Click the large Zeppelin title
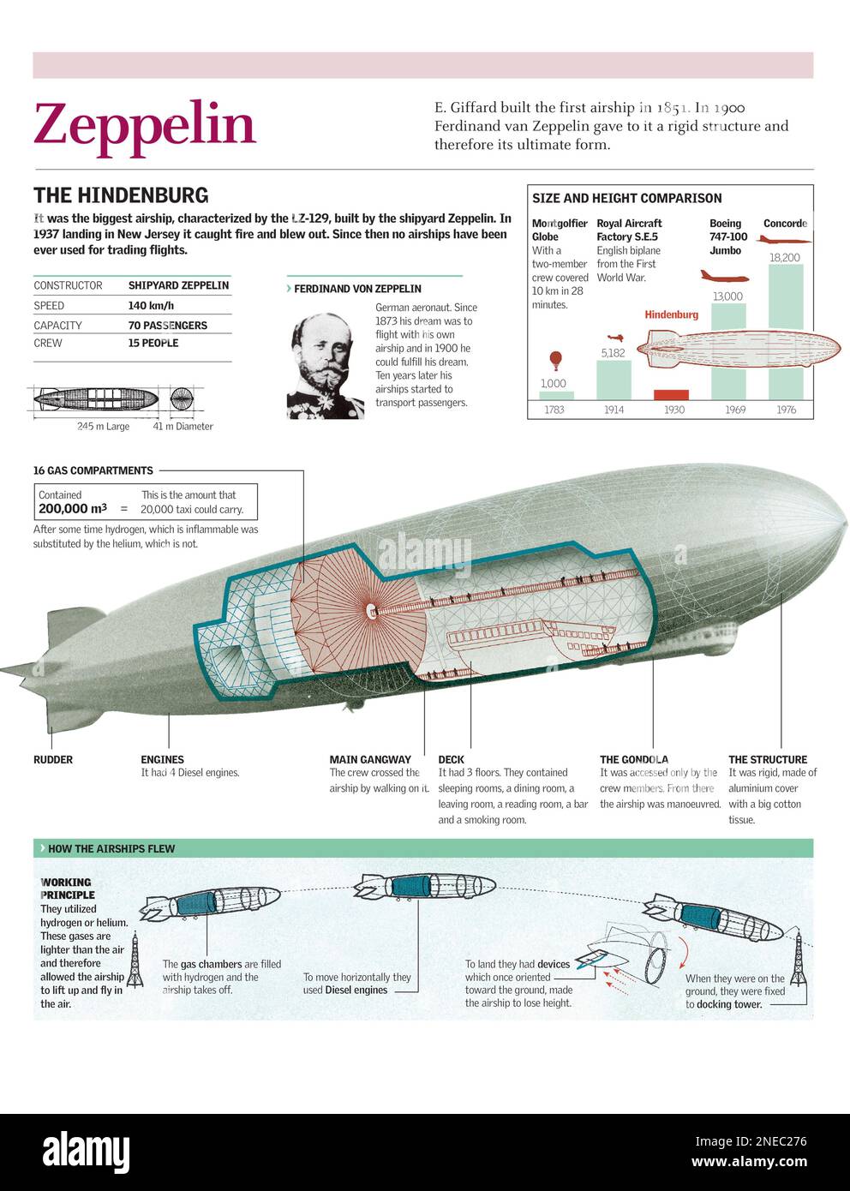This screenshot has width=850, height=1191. (x=144, y=125)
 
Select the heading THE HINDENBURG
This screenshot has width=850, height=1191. (x=121, y=195)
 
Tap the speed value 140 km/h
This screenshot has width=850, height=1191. (x=151, y=305)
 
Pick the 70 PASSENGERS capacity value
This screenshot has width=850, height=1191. (x=167, y=326)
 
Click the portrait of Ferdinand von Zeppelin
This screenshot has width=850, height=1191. (x=325, y=366)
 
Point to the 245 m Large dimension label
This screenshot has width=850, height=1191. (x=103, y=426)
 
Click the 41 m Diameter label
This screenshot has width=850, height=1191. (x=183, y=426)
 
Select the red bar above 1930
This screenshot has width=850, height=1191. (x=671, y=395)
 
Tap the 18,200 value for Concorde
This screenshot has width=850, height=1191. (x=784, y=257)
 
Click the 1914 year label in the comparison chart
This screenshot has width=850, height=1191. (x=614, y=410)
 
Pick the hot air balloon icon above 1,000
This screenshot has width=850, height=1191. (x=555, y=361)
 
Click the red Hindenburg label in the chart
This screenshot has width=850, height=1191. (x=671, y=314)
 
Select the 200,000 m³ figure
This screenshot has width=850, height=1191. (x=73, y=509)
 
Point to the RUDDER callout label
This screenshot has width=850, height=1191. (x=53, y=759)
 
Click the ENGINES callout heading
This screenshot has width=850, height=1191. (x=162, y=759)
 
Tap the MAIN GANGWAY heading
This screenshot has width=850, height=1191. (x=370, y=759)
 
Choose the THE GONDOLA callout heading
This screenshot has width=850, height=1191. (x=634, y=759)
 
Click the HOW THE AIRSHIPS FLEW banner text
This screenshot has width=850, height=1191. (x=111, y=848)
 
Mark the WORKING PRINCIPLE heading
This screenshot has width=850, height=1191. (x=67, y=888)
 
